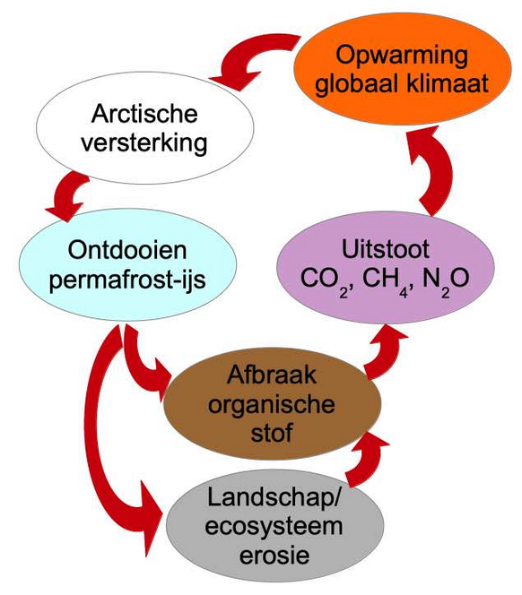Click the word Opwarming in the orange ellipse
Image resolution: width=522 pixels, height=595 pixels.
(401, 56)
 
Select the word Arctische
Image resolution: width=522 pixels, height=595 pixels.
(144, 113)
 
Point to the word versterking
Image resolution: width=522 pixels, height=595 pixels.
(144, 143)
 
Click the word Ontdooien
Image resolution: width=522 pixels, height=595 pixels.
(127, 250)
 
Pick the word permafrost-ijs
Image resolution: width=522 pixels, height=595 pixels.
(127, 280)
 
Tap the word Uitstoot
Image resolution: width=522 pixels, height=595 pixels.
(386, 249)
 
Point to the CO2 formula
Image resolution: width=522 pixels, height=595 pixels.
(326, 281)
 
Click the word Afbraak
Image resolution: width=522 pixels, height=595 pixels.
(272, 375)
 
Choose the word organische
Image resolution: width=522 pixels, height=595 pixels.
(272, 405)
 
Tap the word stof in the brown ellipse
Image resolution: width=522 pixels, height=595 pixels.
(272, 433)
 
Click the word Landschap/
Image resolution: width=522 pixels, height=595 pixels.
(274, 498)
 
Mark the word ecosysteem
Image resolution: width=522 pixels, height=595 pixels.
(274, 528)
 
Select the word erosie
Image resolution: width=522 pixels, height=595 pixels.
(274, 556)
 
